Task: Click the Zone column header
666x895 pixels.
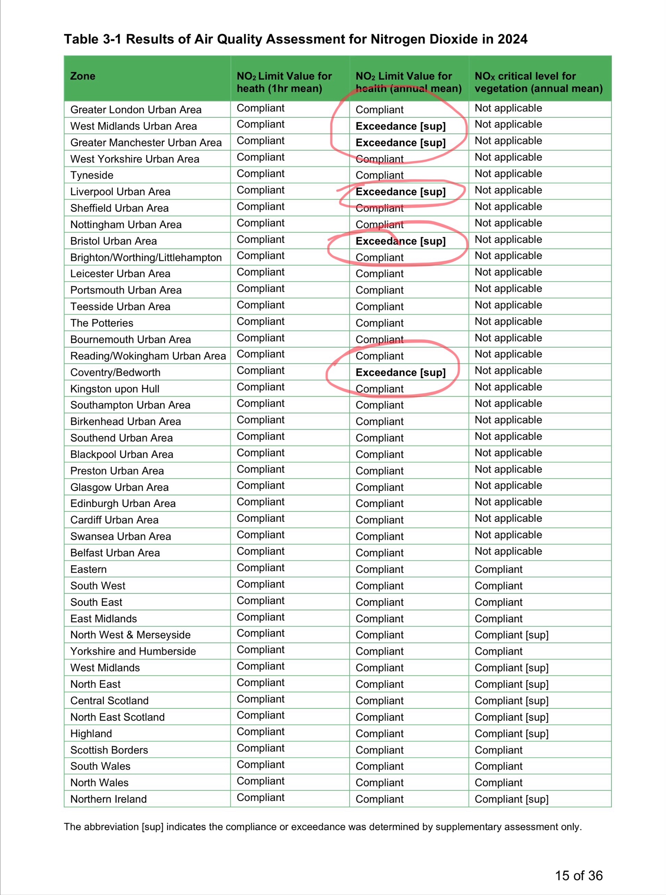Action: (x=83, y=76)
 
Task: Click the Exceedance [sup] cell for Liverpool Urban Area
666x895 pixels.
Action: (x=400, y=192)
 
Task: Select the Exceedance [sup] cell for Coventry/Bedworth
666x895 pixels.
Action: (x=400, y=372)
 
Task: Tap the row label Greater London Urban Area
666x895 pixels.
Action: (x=136, y=110)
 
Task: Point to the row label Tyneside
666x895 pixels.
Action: (x=92, y=175)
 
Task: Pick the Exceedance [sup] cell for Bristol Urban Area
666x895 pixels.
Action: (x=400, y=241)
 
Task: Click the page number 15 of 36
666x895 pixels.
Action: (x=578, y=876)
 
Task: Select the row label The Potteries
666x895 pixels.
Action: (x=102, y=323)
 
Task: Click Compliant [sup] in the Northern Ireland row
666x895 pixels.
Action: (x=511, y=799)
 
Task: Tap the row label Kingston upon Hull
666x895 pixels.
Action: (x=115, y=389)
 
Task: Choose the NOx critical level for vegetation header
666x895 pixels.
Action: (x=539, y=82)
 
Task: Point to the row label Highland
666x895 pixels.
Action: (x=91, y=733)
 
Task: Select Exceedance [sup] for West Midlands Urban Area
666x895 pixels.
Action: (x=400, y=126)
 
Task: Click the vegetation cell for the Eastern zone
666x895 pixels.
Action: (x=498, y=569)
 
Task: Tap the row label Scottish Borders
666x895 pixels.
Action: (x=109, y=750)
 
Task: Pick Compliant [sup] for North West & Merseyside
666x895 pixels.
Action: (x=511, y=635)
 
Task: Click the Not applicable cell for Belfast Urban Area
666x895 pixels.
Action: (x=508, y=551)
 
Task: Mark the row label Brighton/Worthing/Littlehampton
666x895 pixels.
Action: (x=146, y=258)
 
